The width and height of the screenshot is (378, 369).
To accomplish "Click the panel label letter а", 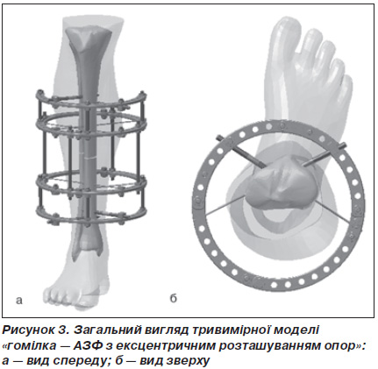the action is point(19,301).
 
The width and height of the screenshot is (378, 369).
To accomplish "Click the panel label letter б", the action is point(174,298).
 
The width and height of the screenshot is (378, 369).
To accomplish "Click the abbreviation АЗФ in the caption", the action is point(88,345).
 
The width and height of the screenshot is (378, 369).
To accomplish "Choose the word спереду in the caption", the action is point(77,361).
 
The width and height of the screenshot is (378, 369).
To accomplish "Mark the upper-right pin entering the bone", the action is point(325,154).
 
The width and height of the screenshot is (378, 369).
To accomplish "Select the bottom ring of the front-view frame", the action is point(91,216).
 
